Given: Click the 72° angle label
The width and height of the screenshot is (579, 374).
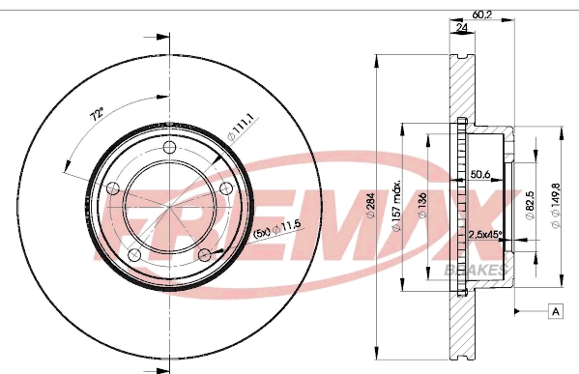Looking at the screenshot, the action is [x=98, y=115].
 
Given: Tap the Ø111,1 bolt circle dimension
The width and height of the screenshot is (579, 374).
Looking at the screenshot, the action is [x=241, y=127].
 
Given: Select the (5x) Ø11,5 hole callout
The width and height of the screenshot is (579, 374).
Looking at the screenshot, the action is [x=277, y=230].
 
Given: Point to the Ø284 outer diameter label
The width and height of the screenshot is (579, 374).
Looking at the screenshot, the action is [x=370, y=205].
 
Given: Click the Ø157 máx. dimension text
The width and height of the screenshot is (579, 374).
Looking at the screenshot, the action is [x=396, y=206].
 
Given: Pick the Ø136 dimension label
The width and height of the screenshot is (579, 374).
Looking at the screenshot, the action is [x=422, y=205].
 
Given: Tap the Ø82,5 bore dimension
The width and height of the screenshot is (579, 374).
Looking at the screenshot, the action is [x=531, y=205].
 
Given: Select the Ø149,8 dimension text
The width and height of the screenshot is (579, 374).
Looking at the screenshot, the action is [x=556, y=206].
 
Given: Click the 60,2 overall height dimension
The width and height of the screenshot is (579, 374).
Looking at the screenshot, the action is [x=482, y=14].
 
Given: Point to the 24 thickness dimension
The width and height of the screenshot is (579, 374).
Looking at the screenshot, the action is [x=462, y=28].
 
